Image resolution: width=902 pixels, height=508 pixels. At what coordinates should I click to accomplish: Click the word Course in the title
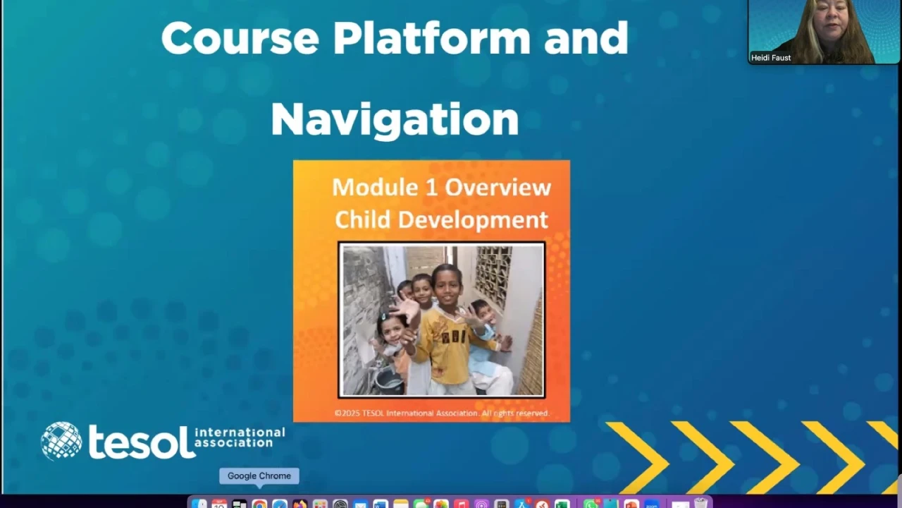(x=240, y=38)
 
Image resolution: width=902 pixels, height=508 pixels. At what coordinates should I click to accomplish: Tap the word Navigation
(x=395, y=120)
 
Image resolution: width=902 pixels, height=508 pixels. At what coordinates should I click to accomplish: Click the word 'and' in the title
(x=586, y=38)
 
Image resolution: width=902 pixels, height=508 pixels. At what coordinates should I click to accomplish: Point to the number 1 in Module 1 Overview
(x=431, y=188)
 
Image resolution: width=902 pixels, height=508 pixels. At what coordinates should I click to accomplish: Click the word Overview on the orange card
(x=498, y=188)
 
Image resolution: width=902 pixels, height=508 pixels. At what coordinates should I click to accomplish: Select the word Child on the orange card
(x=362, y=219)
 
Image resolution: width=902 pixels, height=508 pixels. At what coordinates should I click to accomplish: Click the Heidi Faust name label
(x=771, y=58)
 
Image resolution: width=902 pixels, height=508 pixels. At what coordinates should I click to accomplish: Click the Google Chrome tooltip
(x=259, y=476)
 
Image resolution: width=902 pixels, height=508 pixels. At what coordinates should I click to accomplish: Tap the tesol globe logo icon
(x=61, y=441)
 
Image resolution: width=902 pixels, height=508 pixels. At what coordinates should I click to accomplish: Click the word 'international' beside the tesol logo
(x=240, y=433)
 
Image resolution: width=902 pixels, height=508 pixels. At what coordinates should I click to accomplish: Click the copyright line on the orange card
(x=442, y=413)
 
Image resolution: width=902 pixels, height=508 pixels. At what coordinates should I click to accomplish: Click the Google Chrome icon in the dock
(x=259, y=504)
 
